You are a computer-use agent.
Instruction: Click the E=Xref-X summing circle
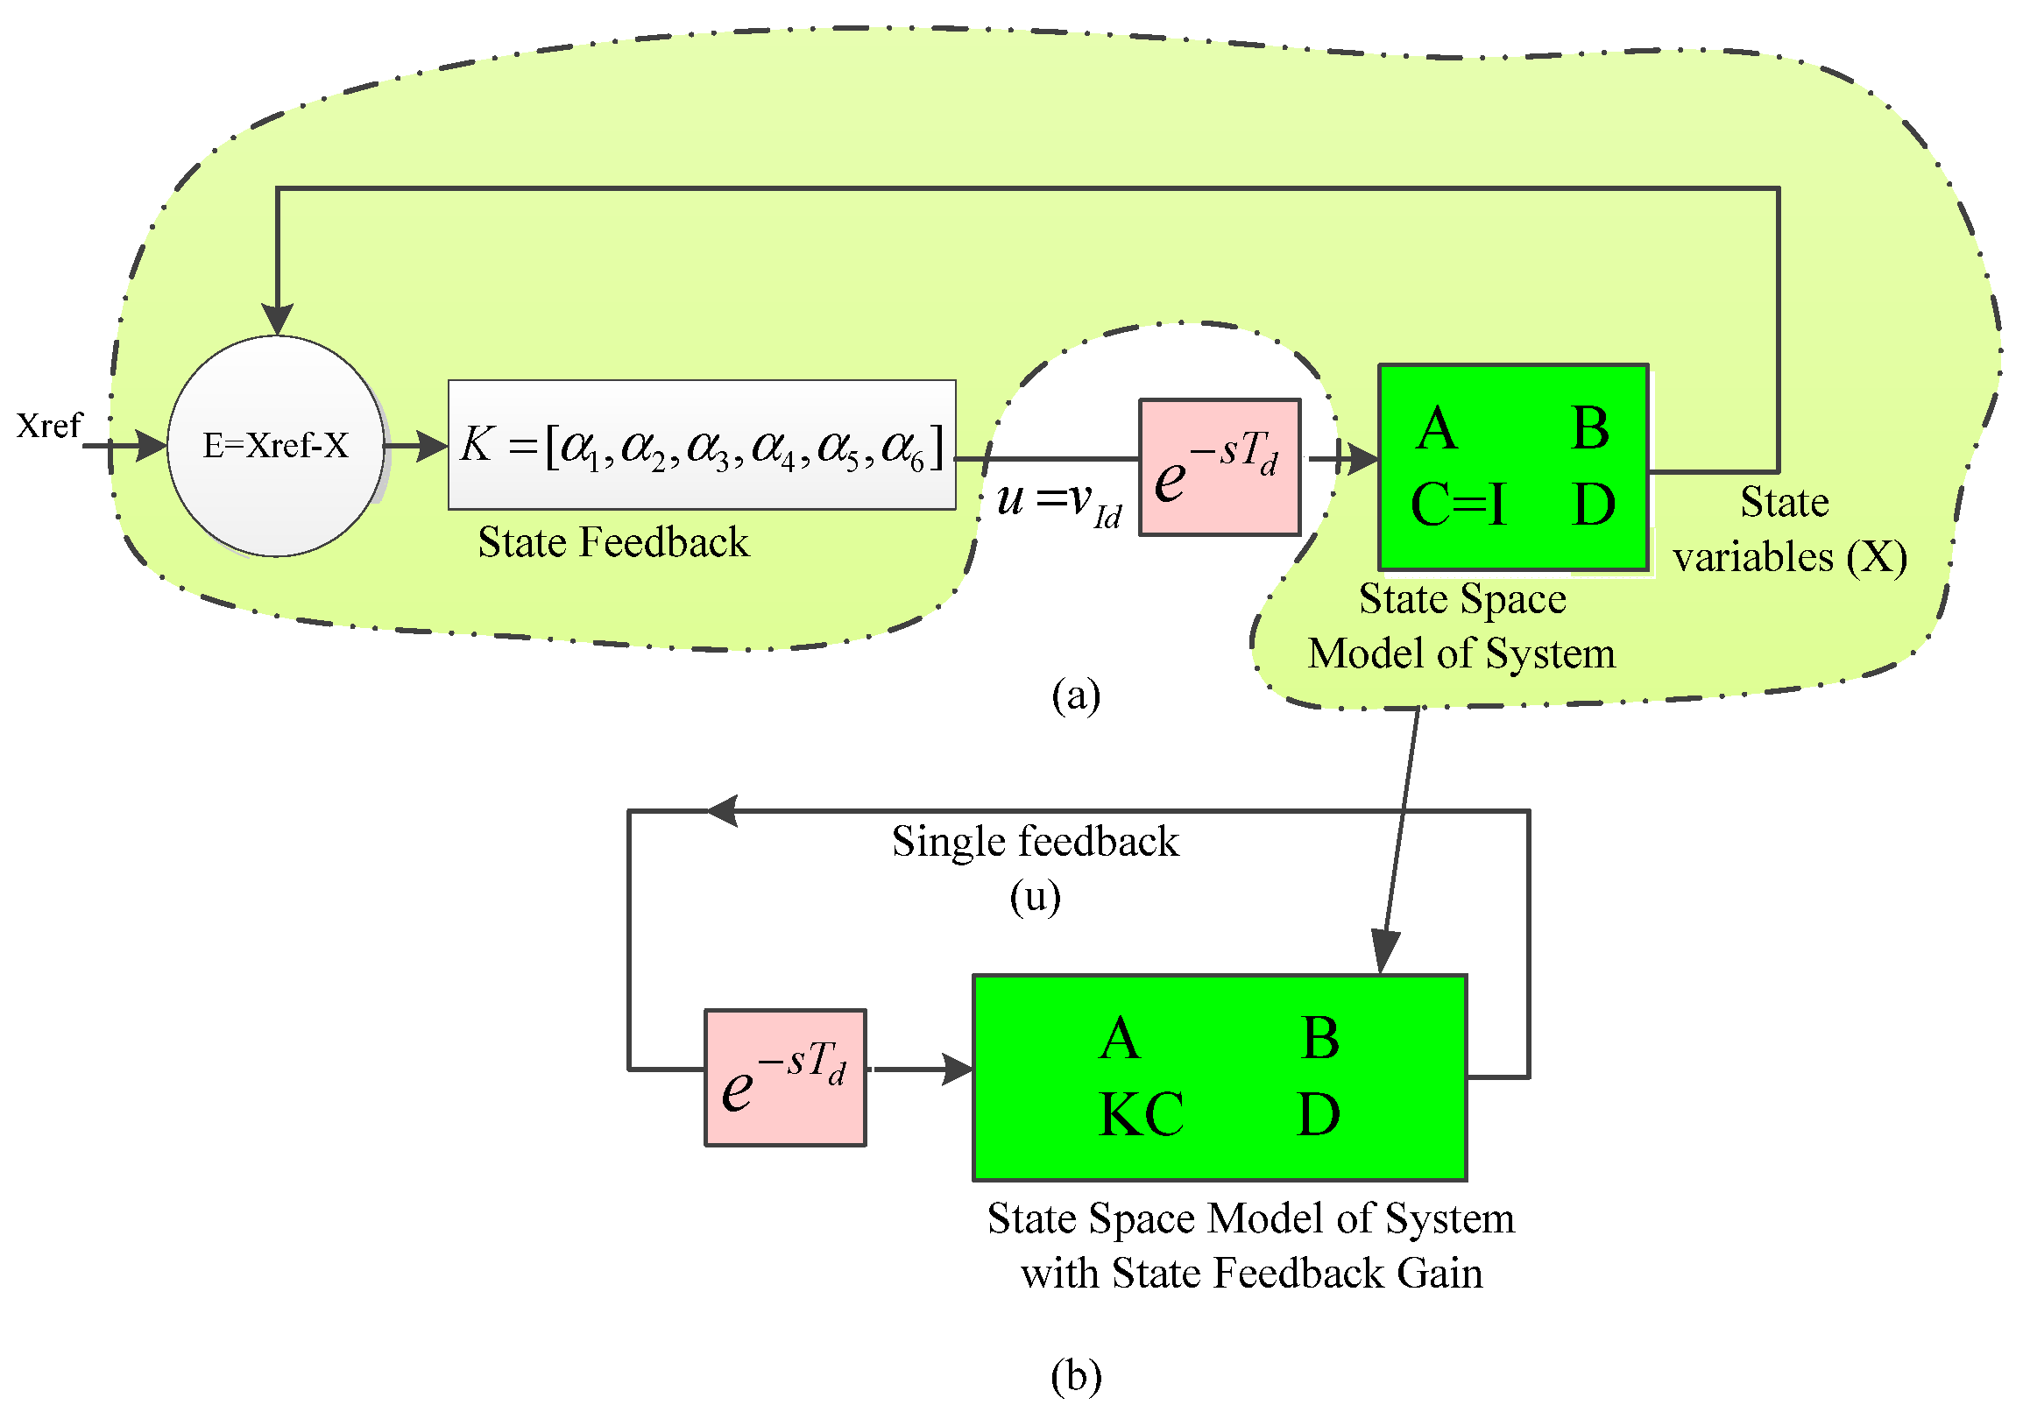(276, 447)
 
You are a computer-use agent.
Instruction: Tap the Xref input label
(48, 427)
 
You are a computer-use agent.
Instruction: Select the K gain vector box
(702, 446)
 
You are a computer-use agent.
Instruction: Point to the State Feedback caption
(613, 542)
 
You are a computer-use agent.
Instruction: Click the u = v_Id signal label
(1058, 502)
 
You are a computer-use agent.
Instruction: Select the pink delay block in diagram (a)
(1220, 468)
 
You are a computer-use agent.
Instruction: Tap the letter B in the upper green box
(1590, 430)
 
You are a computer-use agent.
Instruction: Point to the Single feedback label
(1035, 842)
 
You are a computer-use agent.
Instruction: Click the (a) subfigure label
(1075, 695)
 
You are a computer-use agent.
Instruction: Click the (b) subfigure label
(1075, 1376)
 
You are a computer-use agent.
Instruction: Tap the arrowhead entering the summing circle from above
(278, 319)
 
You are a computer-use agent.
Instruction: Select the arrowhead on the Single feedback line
(723, 811)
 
